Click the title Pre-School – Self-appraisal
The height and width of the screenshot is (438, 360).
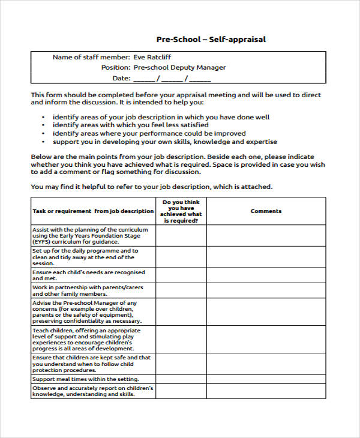(211, 40)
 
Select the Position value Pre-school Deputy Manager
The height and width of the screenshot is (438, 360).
(179, 68)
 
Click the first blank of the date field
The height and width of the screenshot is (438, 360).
(144, 79)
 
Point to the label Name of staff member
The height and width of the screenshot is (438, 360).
(91, 58)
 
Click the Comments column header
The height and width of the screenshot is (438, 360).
(266, 211)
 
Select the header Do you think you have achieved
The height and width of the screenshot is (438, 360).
(181, 211)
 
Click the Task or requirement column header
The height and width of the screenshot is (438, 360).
(93, 211)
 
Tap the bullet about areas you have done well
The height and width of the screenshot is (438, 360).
(161, 117)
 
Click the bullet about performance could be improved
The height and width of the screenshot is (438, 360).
(149, 134)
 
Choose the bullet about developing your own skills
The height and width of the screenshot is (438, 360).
(165, 142)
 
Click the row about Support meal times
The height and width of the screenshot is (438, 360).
(86, 379)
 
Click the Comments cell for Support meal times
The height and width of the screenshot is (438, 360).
(266, 379)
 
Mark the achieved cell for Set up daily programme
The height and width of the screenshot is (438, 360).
(181, 257)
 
